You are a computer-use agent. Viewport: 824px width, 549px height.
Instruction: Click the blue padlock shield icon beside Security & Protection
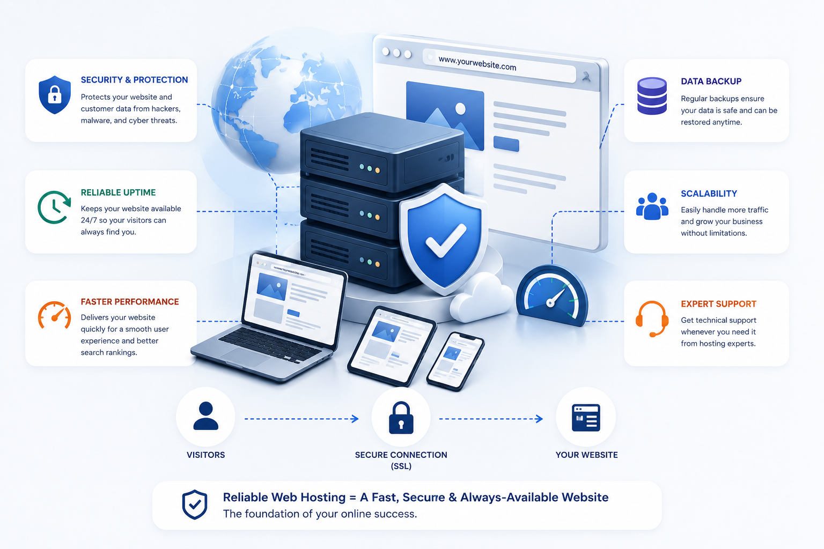click(x=54, y=95)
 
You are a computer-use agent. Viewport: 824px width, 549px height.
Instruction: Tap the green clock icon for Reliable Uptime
click(x=54, y=207)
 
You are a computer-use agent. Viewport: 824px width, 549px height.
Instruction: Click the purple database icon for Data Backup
click(x=652, y=95)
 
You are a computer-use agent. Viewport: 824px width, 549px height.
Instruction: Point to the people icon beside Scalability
click(x=652, y=206)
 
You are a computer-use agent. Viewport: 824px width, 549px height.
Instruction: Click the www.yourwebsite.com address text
click(x=477, y=63)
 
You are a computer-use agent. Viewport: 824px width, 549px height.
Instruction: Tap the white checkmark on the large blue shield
click(x=445, y=240)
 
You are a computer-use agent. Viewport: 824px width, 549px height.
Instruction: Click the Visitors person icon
click(x=205, y=416)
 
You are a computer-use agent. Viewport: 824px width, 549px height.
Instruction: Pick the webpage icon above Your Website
click(x=586, y=418)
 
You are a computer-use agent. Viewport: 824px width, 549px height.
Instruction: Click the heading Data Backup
click(x=711, y=81)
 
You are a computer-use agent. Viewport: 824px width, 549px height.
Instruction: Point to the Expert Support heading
click(x=718, y=304)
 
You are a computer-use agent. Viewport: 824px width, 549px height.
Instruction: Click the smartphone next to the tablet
click(x=455, y=361)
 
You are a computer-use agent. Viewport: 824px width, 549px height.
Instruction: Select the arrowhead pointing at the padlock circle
click(x=355, y=419)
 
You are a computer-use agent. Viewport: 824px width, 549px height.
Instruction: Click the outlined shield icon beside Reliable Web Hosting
click(x=195, y=504)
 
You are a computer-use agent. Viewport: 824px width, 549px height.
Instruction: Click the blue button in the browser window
click(x=506, y=144)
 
